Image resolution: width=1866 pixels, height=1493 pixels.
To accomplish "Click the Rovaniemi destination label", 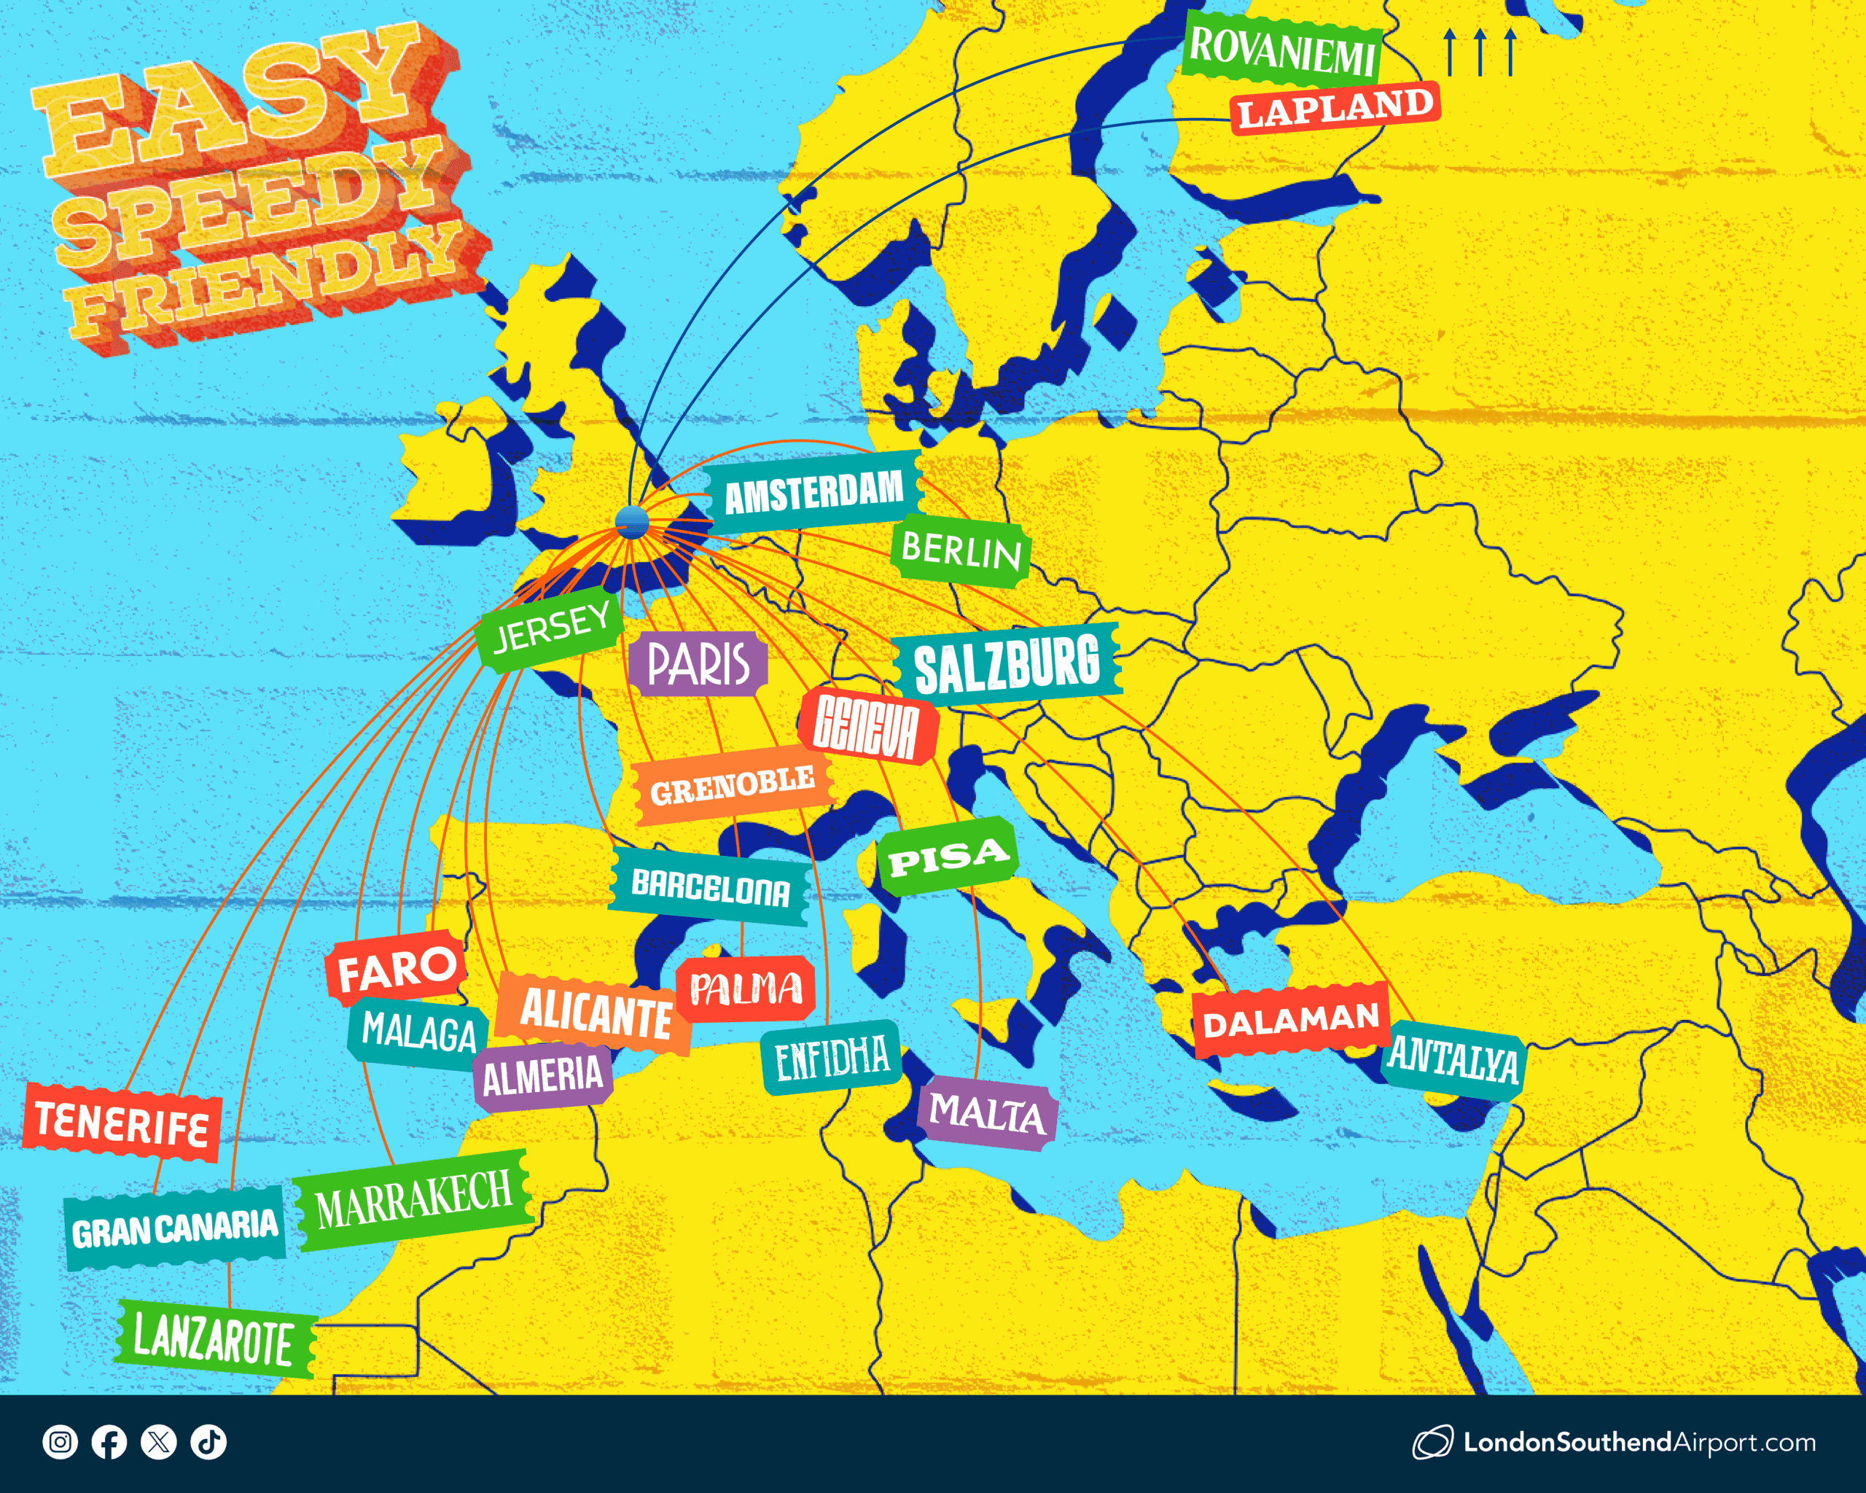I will click(1282, 50).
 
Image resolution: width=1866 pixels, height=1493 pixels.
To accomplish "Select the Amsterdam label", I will click(813, 491).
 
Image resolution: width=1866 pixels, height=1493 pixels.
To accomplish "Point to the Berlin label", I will click(961, 550).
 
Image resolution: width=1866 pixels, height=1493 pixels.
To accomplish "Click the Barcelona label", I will click(710, 887).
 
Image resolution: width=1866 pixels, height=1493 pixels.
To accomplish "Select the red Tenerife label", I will click(121, 1123).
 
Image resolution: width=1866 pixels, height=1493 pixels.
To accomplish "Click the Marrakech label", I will click(414, 1198).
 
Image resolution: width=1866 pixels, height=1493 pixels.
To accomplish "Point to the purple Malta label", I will click(987, 1113).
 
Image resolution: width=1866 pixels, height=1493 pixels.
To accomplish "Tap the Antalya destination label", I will click(1453, 1059).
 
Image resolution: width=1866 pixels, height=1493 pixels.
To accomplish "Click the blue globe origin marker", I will click(632, 522).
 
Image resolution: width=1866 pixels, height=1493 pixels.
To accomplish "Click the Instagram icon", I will click(60, 1442).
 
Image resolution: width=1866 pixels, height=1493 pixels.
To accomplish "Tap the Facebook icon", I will click(109, 1442).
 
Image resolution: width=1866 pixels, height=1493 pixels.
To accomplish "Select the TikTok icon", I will click(208, 1442).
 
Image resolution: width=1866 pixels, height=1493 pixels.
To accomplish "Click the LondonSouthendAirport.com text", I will click(1639, 1443).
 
